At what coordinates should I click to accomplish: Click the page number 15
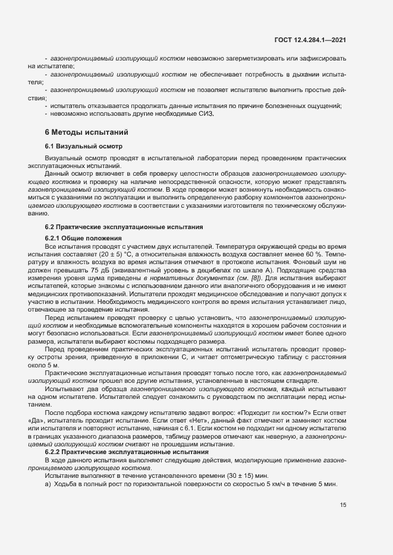tap(343, 505)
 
